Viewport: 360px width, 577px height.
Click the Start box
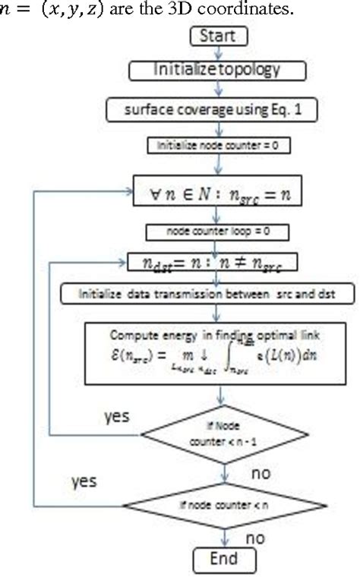[218, 36]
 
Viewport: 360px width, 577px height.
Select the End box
[218, 560]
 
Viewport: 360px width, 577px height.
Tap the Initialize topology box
[218, 71]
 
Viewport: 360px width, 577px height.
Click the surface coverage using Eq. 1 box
[218, 109]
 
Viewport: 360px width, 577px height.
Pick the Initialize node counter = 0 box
[218, 143]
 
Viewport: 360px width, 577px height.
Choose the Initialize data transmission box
[218, 293]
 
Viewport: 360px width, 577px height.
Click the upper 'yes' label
[116, 417]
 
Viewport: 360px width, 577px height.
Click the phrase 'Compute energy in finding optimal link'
[217, 334]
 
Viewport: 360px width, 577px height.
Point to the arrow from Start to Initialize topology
[218, 52]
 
